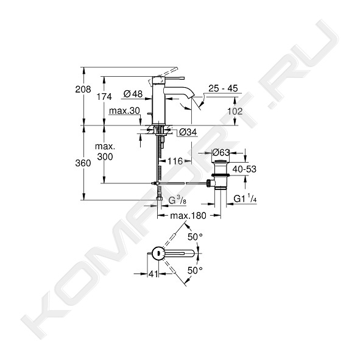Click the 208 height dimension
point(83,89)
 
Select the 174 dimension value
point(104,97)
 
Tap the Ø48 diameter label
point(133,94)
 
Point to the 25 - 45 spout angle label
point(223,88)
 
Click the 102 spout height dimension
point(235,111)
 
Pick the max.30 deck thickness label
point(124,111)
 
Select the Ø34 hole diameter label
point(188,132)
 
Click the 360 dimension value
point(83,163)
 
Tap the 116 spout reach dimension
point(175,161)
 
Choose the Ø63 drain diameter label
point(221,152)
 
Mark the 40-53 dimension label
point(244,169)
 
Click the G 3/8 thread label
point(177,200)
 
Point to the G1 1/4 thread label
point(245,199)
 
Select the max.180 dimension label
point(188,216)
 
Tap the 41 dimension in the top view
point(154,274)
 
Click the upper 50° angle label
point(195,237)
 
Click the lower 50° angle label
point(195,270)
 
